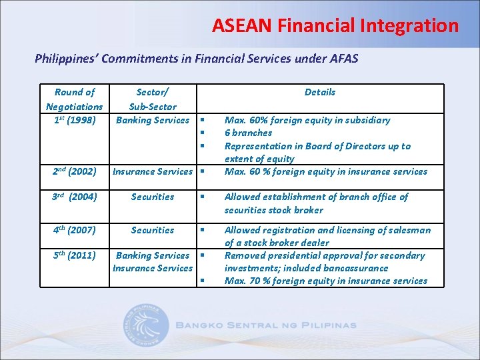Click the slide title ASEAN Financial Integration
pyautogui.click(x=335, y=26)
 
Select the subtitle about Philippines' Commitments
pyautogui.click(x=196, y=59)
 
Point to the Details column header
pyautogui.click(x=320, y=92)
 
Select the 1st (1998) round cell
pyautogui.click(x=74, y=120)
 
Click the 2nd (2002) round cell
pyautogui.click(x=74, y=171)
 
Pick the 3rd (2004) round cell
pyautogui.click(x=74, y=197)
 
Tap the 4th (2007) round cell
pyautogui.click(x=74, y=230)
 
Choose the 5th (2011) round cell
pyautogui.click(x=74, y=255)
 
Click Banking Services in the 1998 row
pyautogui.click(x=153, y=120)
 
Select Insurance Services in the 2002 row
pyautogui.click(x=153, y=171)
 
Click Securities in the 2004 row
pyautogui.click(x=153, y=197)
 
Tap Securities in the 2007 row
pyautogui.click(x=153, y=230)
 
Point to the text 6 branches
pyautogui.click(x=248, y=133)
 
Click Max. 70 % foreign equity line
pyautogui.click(x=325, y=281)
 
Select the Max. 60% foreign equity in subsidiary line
pyautogui.click(x=307, y=120)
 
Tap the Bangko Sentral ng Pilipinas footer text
pyautogui.click(x=266, y=326)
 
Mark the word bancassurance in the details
pyautogui.click(x=357, y=268)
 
